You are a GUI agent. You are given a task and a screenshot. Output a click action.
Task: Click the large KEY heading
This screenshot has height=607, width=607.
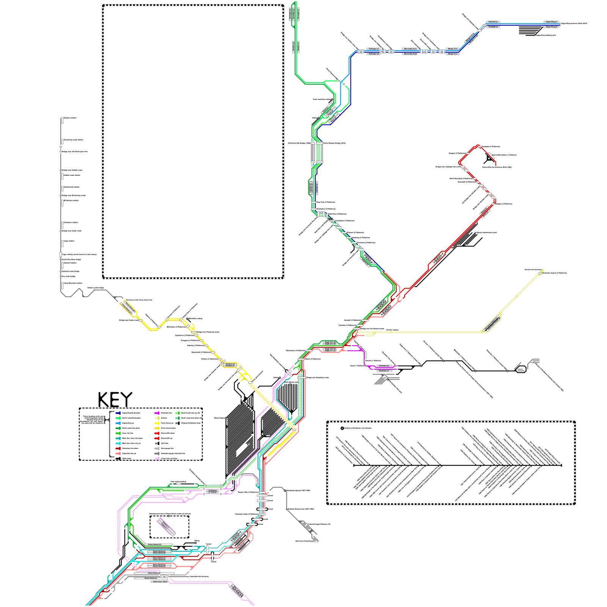[x=115, y=400]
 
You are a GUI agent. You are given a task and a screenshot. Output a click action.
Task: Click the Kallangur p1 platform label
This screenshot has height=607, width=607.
[x=374, y=49]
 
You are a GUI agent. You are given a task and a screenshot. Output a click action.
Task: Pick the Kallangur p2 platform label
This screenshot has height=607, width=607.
[x=374, y=54]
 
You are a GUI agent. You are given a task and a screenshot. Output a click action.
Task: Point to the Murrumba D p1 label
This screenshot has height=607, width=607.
[x=410, y=49]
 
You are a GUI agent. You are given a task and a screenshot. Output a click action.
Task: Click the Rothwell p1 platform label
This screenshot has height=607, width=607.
[x=493, y=22]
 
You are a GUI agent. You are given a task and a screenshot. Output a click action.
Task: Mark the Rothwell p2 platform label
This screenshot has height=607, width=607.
[x=493, y=27]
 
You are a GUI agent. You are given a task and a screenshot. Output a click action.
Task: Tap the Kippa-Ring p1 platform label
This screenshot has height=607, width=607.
[x=551, y=22]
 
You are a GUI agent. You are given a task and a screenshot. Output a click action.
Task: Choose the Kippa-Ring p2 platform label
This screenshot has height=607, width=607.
[x=551, y=27]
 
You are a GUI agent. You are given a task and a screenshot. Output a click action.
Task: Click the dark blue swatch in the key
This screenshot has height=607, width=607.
[x=118, y=413]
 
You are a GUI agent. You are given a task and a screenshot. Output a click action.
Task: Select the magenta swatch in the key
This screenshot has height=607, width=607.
[x=157, y=413]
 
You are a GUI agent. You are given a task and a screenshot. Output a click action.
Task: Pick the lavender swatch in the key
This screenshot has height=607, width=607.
[x=157, y=458]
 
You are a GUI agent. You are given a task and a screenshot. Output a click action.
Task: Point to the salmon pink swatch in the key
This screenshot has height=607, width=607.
[x=118, y=453]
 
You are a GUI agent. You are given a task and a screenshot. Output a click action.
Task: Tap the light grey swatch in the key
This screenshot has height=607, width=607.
[x=157, y=448]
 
